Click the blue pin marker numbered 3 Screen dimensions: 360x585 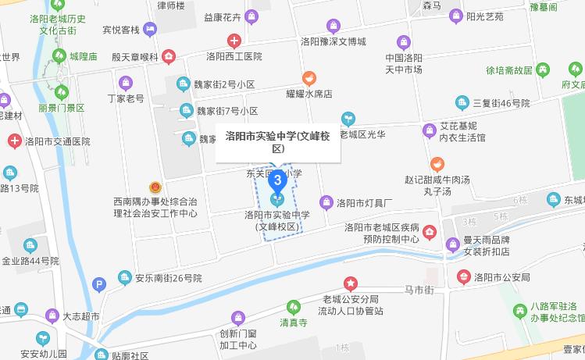tap(277, 183)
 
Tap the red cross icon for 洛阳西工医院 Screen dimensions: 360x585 tap(234, 41)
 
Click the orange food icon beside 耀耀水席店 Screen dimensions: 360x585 tap(309, 78)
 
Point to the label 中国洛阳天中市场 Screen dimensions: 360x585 tap(404, 63)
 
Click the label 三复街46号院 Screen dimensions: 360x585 tap(501, 102)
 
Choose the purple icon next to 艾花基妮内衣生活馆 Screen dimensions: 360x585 tap(429, 130)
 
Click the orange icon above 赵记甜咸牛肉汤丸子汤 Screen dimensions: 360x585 tap(437, 165)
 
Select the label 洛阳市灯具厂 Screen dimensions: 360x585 tap(363, 203)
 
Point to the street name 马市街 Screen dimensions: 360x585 tap(418, 290)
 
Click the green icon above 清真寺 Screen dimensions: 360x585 tap(293, 307)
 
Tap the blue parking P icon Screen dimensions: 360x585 tap(98, 285)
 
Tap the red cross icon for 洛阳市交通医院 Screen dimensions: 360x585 tap(14, 141)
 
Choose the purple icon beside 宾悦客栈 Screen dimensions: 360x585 tap(150, 30)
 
